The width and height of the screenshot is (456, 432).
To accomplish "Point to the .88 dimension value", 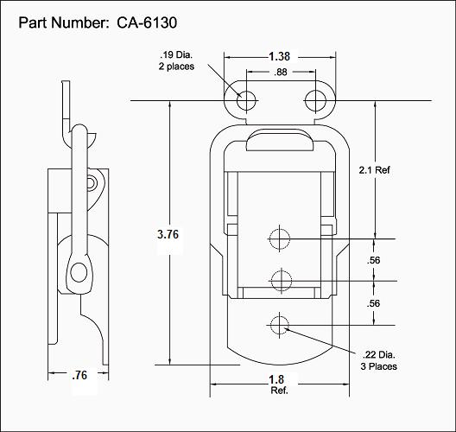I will click(281, 73).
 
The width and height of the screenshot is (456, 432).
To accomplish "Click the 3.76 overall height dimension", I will click(169, 234).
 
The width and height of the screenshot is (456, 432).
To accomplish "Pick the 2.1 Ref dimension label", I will click(375, 170).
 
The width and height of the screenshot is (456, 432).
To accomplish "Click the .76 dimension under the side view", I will click(79, 375).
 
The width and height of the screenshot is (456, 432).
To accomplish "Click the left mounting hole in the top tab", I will click(248, 100).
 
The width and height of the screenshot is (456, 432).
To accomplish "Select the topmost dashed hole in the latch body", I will click(280, 238).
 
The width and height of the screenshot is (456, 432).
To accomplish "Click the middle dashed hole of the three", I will click(280, 280).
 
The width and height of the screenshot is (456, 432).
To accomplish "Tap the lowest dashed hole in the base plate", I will click(280, 326).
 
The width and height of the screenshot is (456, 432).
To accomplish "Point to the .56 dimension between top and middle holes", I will click(374, 260).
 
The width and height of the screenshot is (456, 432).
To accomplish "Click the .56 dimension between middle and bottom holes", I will click(374, 303).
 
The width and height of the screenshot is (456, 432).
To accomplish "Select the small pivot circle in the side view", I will click(91, 182).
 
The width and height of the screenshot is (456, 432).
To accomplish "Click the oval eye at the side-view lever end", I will click(79, 273).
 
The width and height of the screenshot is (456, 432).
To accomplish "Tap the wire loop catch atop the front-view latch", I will click(279, 138).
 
